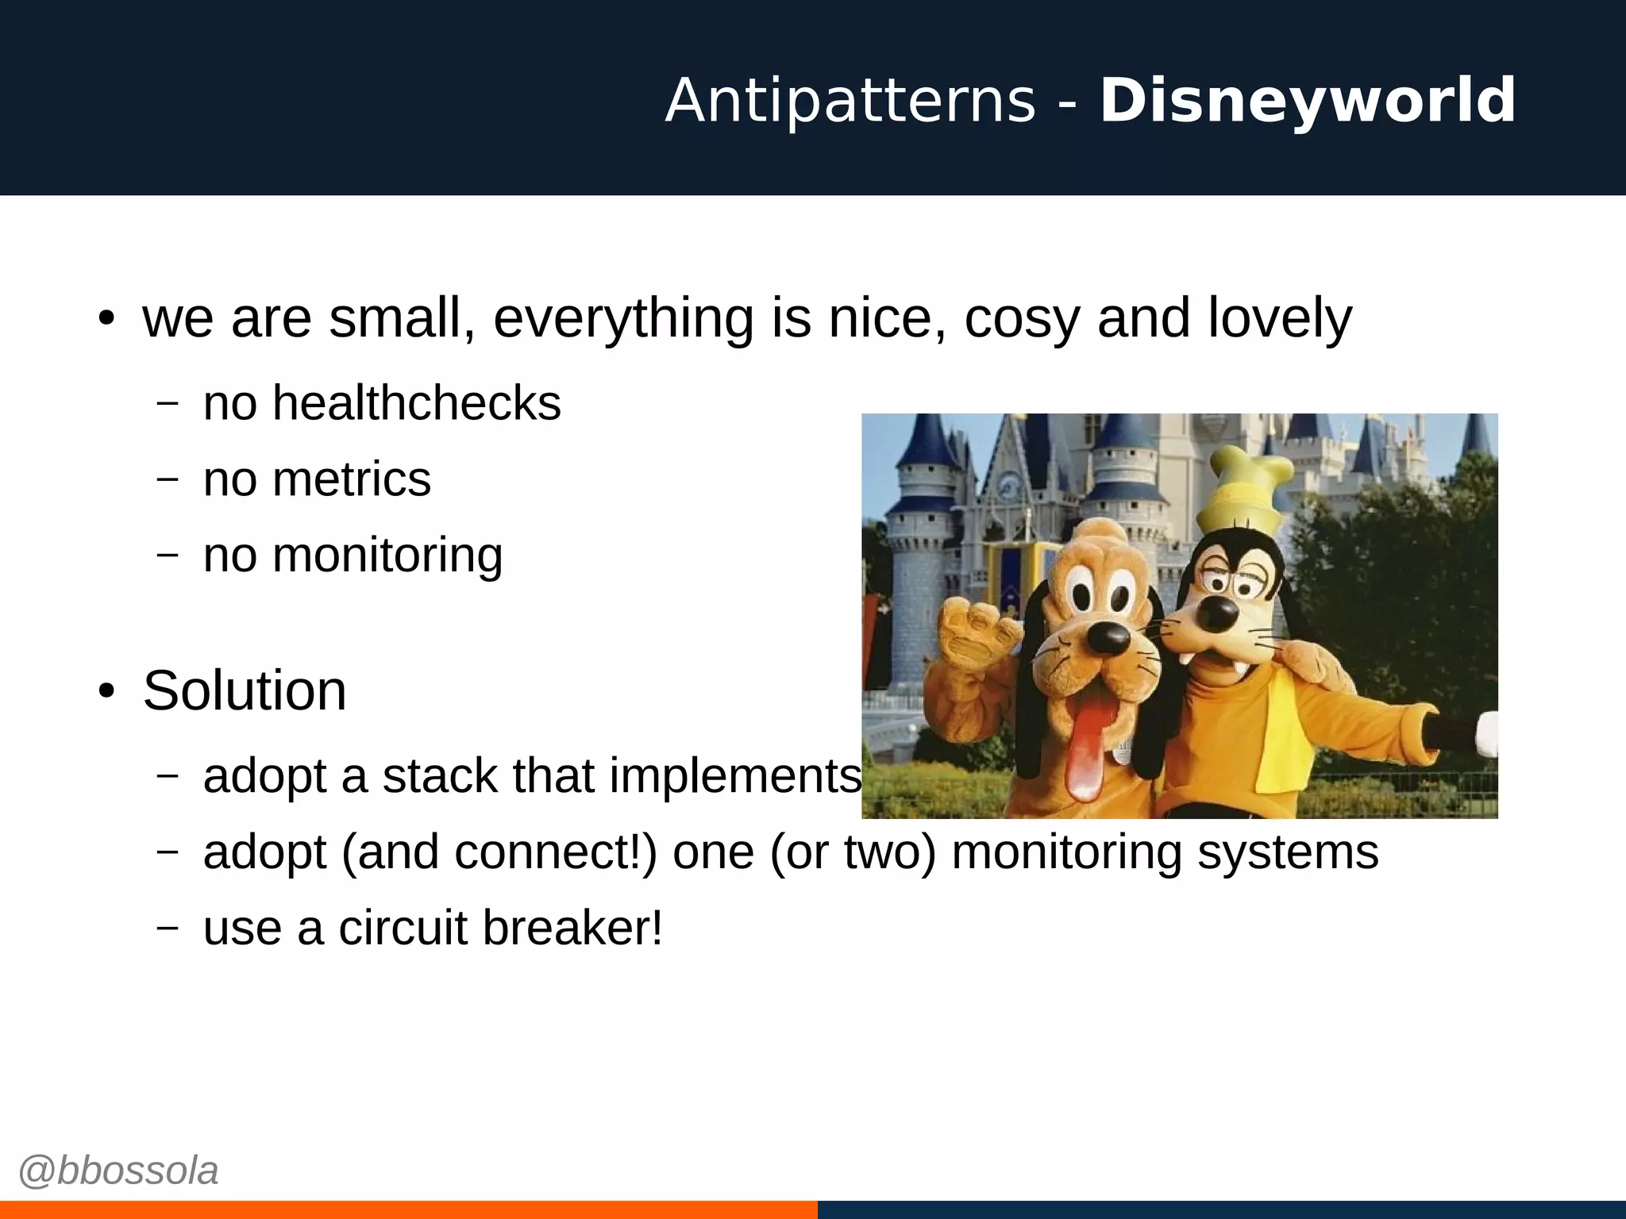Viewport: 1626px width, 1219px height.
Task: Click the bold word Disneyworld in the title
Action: (1307, 101)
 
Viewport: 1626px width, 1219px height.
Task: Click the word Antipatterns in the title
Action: (850, 101)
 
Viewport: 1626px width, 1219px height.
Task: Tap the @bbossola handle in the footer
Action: (118, 1171)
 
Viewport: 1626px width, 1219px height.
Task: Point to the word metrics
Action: (351, 479)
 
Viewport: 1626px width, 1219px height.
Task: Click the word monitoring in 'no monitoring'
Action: (387, 556)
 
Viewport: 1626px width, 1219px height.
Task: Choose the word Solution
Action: (245, 690)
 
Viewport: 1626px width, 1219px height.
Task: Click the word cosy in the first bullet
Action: (1022, 317)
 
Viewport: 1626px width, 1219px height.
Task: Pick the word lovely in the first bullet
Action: (1279, 317)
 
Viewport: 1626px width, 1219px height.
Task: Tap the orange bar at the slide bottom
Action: (408, 1209)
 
